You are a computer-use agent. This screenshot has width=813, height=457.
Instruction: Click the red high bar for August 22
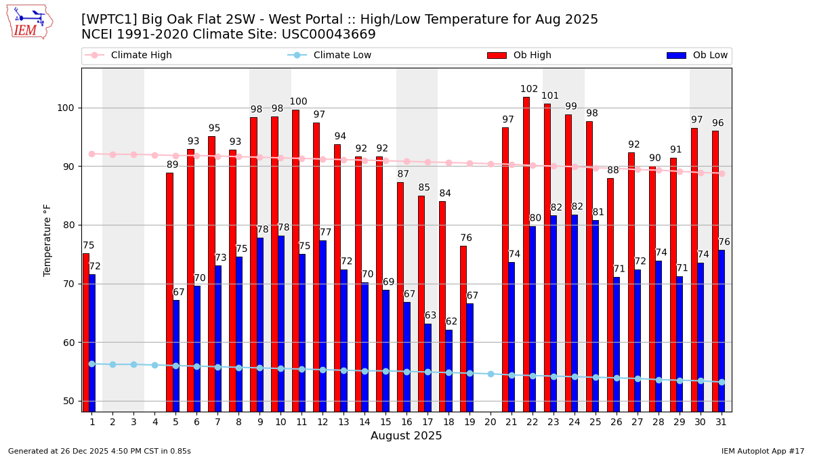click(x=526, y=254)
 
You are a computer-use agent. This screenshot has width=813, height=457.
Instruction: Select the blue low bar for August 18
click(x=449, y=370)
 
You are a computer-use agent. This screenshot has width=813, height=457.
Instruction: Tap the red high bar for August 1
click(x=85, y=332)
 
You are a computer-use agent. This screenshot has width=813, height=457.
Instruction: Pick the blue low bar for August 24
click(x=575, y=313)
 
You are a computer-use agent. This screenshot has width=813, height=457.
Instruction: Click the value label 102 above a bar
click(x=529, y=89)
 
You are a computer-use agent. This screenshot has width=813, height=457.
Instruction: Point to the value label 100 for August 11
click(x=298, y=102)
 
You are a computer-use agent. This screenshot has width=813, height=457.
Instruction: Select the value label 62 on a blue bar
click(x=451, y=322)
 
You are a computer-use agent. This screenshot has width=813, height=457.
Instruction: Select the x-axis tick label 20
click(x=491, y=422)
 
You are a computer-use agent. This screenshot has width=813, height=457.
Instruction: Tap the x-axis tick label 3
click(x=133, y=422)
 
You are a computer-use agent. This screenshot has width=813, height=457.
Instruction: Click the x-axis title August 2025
click(x=406, y=436)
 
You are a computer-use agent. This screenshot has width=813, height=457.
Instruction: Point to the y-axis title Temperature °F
click(x=47, y=240)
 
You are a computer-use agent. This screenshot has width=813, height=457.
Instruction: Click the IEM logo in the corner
click(x=29, y=22)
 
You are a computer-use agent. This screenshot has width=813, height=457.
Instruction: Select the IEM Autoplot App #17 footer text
click(x=762, y=451)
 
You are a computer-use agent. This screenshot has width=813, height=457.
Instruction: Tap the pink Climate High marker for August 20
click(x=491, y=164)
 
